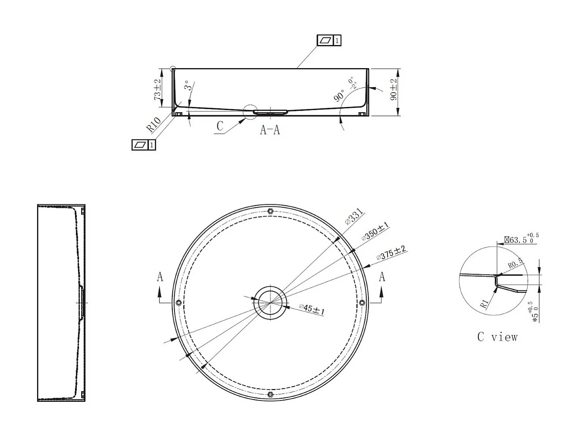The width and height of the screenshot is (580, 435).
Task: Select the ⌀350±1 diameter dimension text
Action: tap(375, 231)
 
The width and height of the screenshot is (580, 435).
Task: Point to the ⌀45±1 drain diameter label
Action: tap(312, 309)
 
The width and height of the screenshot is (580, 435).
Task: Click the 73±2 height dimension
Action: tap(158, 90)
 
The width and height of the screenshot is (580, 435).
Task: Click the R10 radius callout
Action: tap(154, 125)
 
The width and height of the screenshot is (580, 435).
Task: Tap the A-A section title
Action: tap(270, 130)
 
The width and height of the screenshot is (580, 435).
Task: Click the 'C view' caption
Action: tap(497, 337)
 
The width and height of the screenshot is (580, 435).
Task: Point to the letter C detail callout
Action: tap(220, 126)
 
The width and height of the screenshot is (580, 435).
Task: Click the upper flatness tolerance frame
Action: tap(329, 41)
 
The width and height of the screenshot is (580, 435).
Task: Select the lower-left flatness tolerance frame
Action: tap(144, 145)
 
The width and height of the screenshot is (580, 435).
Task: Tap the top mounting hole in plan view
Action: tap(270, 211)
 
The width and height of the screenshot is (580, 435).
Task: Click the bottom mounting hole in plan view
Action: tap(270, 395)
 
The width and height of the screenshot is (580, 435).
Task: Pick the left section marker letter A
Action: tap(160, 277)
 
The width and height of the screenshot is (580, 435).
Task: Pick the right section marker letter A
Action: tap(382, 277)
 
